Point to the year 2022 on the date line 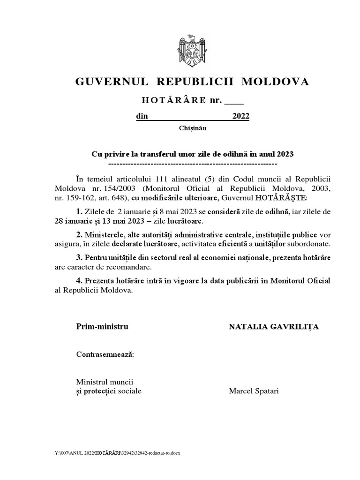(241, 117)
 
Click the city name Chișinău (192, 128)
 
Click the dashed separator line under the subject (192, 164)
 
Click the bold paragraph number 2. (79, 234)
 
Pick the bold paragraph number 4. (79, 281)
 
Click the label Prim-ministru (102, 327)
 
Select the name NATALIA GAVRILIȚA (273, 327)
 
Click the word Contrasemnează (105, 354)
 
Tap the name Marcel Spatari (254, 391)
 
